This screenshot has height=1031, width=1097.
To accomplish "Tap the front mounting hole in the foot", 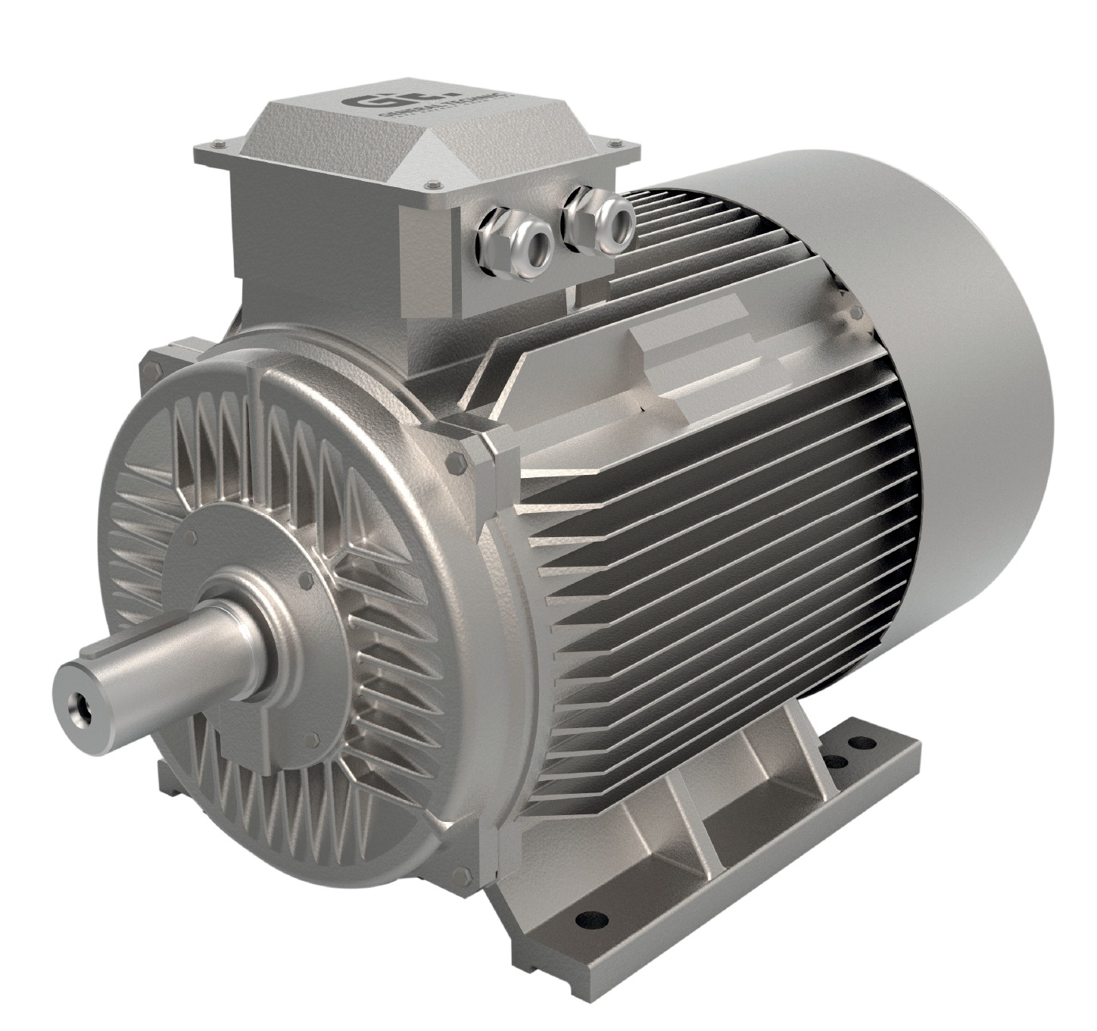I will click(x=587, y=919).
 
